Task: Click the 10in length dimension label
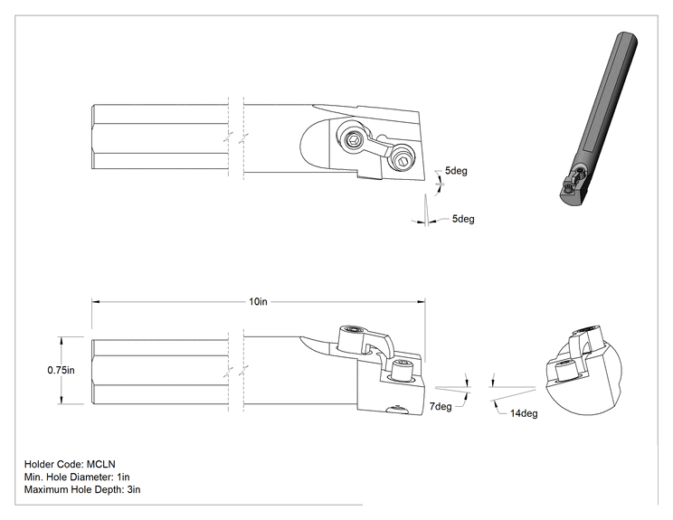(258, 302)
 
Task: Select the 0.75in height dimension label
(61, 370)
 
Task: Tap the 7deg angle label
(441, 406)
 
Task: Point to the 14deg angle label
(524, 413)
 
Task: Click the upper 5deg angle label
(456, 171)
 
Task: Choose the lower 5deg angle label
(463, 219)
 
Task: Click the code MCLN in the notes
(101, 464)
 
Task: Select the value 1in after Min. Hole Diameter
(123, 477)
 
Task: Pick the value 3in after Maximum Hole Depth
(134, 489)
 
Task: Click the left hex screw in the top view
(354, 140)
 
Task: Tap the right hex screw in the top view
(403, 162)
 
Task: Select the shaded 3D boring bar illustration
(598, 118)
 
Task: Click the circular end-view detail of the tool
(583, 369)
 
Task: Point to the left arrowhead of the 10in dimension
(96, 302)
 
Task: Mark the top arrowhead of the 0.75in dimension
(62, 341)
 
